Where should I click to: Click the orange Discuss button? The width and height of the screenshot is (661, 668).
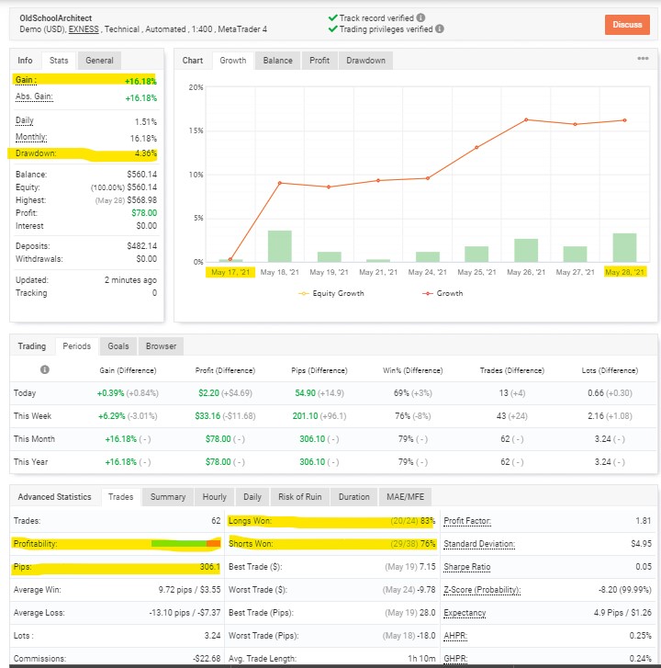pyautogui.click(x=627, y=25)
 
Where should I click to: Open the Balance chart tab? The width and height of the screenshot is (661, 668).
pyautogui.click(x=277, y=61)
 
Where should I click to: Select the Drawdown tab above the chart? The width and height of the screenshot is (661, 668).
pyautogui.click(x=365, y=61)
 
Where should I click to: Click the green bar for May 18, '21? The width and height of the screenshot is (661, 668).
pyautogui.click(x=280, y=246)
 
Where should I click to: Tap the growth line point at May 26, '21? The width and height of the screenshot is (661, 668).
pyautogui.click(x=526, y=119)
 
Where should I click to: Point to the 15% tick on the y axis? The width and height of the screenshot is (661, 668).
pyautogui.click(x=196, y=130)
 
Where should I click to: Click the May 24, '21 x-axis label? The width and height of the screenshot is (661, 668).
pyautogui.click(x=427, y=272)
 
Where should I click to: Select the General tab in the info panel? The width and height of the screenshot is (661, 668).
pyautogui.click(x=99, y=61)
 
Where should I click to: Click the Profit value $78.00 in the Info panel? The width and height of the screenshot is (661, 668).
pyautogui.click(x=144, y=213)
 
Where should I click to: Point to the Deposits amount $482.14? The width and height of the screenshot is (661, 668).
pyautogui.click(x=142, y=246)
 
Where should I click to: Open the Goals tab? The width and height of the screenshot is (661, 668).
pyautogui.click(x=118, y=345)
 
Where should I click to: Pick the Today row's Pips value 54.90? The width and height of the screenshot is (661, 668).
pyautogui.click(x=305, y=392)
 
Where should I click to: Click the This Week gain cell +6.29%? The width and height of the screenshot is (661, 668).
pyautogui.click(x=111, y=416)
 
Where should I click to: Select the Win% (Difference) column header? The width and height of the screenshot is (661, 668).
pyautogui.click(x=412, y=370)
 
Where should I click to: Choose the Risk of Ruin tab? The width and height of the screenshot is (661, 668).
pyautogui.click(x=299, y=497)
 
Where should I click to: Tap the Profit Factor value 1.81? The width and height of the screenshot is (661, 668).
pyautogui.click(x=644, y=521)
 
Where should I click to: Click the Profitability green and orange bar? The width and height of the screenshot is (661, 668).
pyautogui.click(x=186, y=544)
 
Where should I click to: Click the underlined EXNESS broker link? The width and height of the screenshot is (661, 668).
pyautogui.click(x=84, y=29)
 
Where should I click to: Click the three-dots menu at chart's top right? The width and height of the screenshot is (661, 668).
pyautogui.click(x=643, y=59)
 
